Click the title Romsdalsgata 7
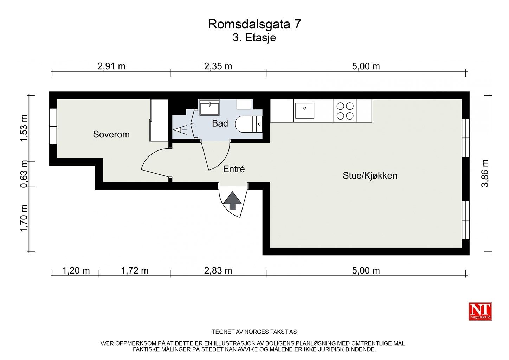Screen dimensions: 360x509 tap(254, 24)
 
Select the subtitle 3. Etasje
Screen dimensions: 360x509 tap(254, 38)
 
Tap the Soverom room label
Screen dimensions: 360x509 tap(111, 134)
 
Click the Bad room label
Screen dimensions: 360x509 tap(220, 123)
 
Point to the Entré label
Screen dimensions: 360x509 tap(234, 169)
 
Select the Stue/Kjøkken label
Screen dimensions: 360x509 tap(370, 175)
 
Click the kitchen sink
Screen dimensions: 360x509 tap(304, 110)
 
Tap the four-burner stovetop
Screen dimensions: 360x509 tap(345, 111)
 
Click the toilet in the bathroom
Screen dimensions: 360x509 tap(248, 124)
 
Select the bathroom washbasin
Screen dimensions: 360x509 tap(210, 107)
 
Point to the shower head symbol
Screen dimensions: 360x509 tap(180, 130)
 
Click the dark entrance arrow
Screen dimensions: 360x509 tap(232, 201)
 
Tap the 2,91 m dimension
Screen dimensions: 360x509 tap(111, 66)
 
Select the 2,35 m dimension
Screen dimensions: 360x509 tap(218, 66)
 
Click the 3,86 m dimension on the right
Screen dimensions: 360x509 tap(485, 173)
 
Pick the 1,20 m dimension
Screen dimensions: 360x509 tap(76, 270)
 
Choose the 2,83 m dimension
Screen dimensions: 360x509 tap(218, 270)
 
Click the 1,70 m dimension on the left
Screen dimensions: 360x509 tap(24, 218)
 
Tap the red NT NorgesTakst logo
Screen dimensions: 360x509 tap(480, 311)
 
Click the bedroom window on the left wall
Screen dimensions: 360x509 tap(53, 126)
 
